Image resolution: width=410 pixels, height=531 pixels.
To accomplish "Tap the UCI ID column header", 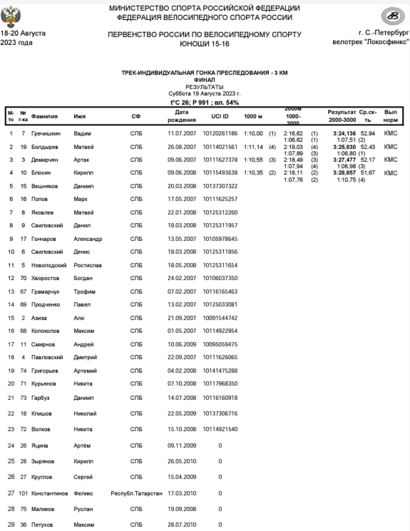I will (x=220, y=116).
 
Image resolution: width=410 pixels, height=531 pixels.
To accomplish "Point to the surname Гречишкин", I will (x=46, y=133).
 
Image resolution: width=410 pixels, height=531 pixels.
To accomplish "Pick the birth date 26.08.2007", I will (x=182, y=147).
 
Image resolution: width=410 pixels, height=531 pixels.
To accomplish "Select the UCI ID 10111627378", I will (x=220, y=159).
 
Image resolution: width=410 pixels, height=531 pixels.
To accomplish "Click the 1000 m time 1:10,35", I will (x=254, y=173).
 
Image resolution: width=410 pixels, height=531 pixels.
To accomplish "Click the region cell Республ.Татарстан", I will (x=137, y=493).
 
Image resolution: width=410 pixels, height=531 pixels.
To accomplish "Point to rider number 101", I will (x=23, y=493).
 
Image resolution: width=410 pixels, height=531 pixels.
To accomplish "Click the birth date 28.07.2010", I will (x=182, y=525).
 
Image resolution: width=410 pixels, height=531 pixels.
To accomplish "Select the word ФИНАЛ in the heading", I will (x=205, y=80).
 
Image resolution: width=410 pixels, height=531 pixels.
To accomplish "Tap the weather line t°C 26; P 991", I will (x=205, y=102).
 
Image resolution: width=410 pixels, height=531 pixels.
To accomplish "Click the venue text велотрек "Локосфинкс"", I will (x=371, y=42).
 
